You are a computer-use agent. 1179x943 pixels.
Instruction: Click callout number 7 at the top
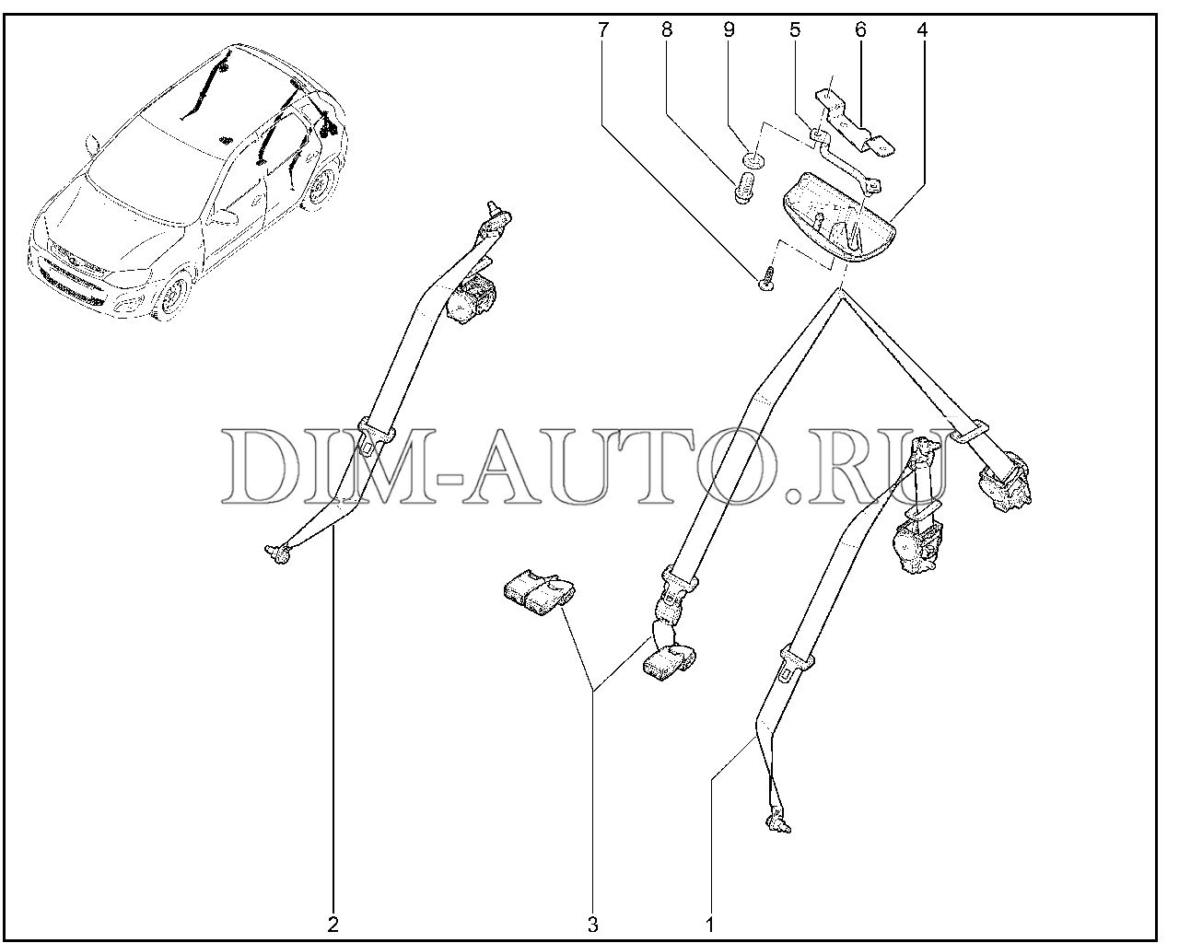tap(603, 30)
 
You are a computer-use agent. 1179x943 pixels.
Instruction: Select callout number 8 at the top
tap(667, 30)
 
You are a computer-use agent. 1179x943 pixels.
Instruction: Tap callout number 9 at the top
tap(729, 30)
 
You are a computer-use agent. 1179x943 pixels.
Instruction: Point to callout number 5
tap(795, 30)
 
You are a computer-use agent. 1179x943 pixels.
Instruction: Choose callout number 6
tap(860, 30)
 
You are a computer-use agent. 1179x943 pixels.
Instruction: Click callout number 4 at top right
tap(923, 30)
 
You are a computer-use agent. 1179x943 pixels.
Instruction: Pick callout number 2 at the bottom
tap(333, 925)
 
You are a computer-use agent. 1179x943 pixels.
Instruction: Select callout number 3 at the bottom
tap(593, 925)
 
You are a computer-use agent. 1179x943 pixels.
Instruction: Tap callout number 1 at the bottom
tap(710, 925)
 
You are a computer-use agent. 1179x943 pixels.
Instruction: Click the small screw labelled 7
tap(767, 279)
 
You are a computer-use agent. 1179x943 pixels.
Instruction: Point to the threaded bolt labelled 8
tap(744, 188)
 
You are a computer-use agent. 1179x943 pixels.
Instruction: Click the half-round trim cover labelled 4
tap(838, 217)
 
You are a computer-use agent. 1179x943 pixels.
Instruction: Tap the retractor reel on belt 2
tap(473, 298)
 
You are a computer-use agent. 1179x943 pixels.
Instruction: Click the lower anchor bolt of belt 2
tap(278, 554)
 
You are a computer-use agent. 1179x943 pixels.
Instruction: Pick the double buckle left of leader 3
tap(540, 595)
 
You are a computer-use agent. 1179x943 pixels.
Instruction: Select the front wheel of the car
tap(174, 296)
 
